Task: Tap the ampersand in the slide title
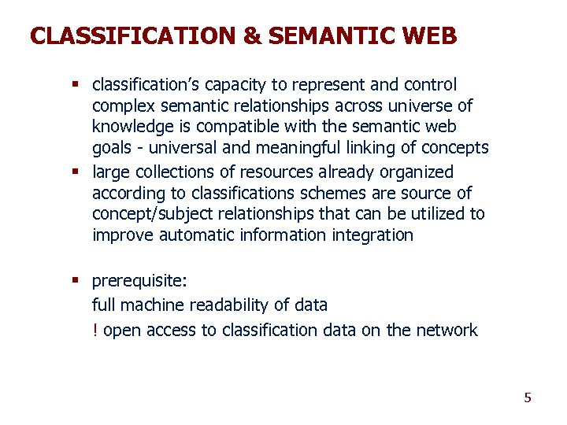(254, 36)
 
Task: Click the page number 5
(528, 397)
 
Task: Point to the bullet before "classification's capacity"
(78, 84)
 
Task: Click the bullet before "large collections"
(78, 172)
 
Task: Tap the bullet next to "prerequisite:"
(78, 281)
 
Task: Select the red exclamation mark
(95, 331)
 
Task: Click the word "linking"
(374, 148)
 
